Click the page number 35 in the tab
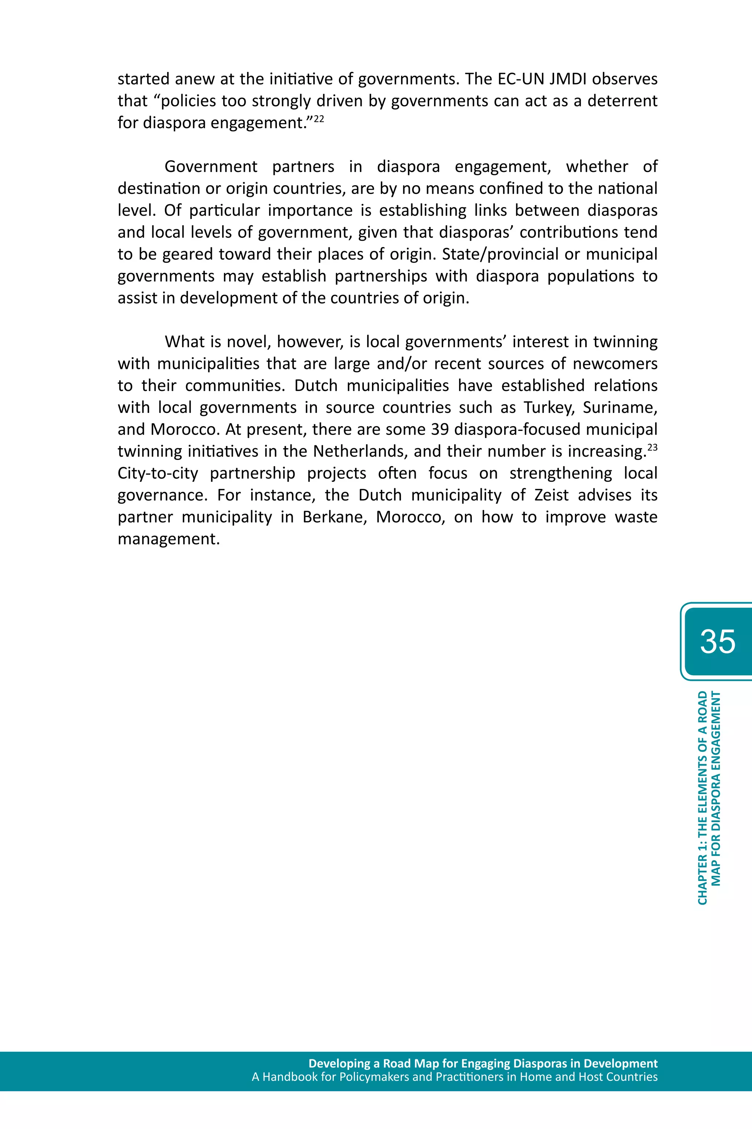(x=717, y=641)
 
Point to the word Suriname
(x=619, y=408)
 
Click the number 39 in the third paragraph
(x=439, y=429)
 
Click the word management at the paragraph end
(x=168, y=539)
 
